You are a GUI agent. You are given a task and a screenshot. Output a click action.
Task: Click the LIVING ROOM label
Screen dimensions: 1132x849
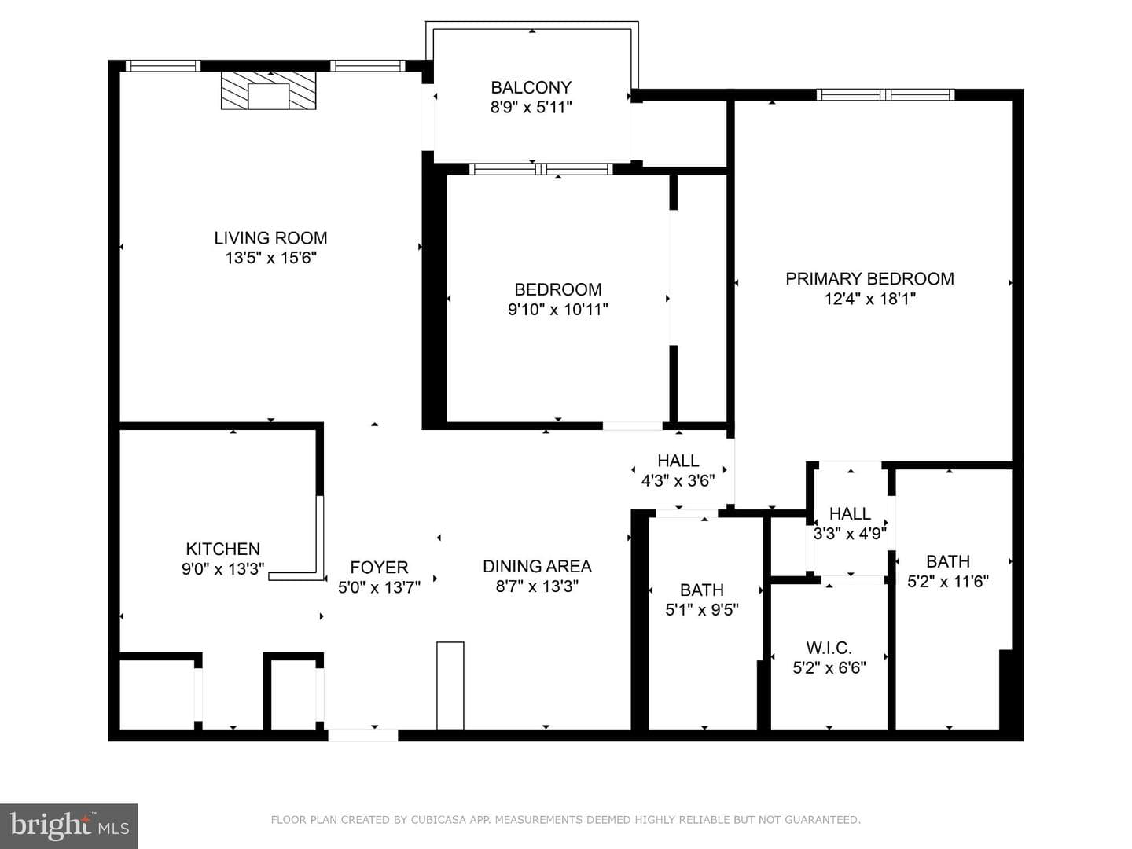[270, 237]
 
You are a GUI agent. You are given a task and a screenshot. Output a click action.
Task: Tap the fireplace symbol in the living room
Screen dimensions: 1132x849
[268, 90]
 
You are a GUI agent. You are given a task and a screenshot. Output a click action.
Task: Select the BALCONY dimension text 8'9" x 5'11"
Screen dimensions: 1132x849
[531, 107]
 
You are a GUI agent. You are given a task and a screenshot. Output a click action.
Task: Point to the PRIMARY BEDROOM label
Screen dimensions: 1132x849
[869, 278]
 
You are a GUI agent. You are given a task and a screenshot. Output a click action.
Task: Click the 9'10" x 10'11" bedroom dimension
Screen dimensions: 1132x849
[557, 309]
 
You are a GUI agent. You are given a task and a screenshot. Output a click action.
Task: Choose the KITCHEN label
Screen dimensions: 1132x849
[222, 549]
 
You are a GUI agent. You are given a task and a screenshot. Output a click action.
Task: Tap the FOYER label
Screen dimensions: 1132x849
[379, 567]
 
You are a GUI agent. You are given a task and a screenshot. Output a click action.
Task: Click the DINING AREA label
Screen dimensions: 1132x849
[537, 566]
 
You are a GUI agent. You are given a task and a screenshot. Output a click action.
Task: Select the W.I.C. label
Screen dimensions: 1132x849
[829, 648]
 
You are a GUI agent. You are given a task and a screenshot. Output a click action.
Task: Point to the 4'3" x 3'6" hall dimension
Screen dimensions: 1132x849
[678, 480]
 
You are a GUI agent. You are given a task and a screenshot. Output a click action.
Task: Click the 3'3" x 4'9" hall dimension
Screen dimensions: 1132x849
[850, 533]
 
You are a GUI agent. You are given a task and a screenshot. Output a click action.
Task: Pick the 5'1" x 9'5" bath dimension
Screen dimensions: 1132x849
[701, 610]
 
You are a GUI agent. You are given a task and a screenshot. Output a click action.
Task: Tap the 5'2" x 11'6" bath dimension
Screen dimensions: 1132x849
[948, 581]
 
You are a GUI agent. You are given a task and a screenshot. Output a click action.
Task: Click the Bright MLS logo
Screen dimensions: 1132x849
[69, 826]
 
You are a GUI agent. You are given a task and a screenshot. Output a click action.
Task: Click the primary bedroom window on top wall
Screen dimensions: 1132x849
[885, 95]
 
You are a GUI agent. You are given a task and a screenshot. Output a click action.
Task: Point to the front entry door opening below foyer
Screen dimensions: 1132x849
[363, 735]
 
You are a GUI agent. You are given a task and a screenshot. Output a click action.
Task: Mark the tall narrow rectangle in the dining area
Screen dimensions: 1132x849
[450, 685]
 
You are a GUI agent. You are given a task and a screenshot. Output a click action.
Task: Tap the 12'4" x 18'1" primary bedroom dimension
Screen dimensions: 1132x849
[869, 299]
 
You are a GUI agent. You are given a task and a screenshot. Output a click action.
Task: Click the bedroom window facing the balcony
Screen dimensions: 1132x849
[541, 169]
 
